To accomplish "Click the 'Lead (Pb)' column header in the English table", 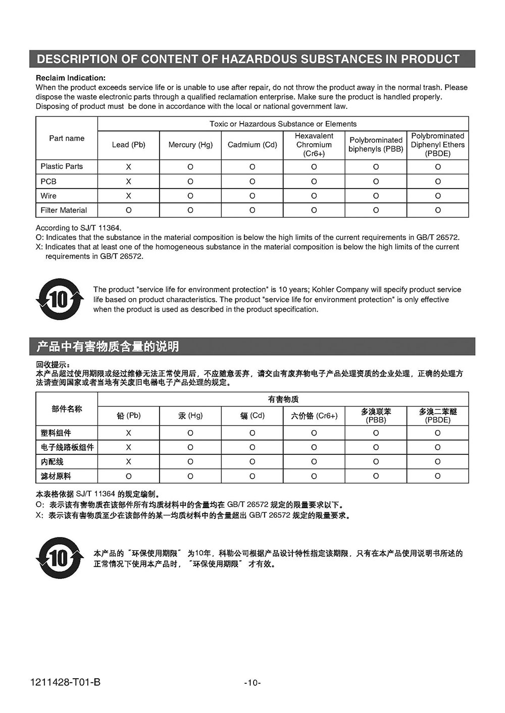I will [x=128, y=145].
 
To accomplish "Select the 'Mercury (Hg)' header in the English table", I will [x=190, y=145].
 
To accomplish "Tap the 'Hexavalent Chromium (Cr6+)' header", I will [x=314, y=145].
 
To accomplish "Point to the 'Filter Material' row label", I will [x=64, y=210].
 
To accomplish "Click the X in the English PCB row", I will [x=128, y=182].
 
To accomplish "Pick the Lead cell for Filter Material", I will [x=128, y=210].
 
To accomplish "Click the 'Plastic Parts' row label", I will [x=62, y=166].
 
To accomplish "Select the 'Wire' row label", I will [x=48, y=196].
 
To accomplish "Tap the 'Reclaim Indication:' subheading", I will [x=71, y=78].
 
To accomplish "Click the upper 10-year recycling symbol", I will [x=60, y=300].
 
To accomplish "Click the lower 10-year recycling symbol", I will [x=60, y=558].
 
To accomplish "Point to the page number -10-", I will [x=252, y=683].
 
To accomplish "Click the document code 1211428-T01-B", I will [x=65, y=683].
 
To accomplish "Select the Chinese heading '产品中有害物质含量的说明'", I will [x=108, y=346].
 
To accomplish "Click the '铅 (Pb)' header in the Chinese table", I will [x=128, y=415].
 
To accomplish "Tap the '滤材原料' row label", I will [x=56, y=476].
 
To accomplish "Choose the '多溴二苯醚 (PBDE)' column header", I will [x=437, y=415].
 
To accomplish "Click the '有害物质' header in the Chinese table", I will [x=283, y=399].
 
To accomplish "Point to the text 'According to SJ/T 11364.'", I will [x=78, y=228].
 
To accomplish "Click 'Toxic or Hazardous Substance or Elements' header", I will [x=283, y=124].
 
